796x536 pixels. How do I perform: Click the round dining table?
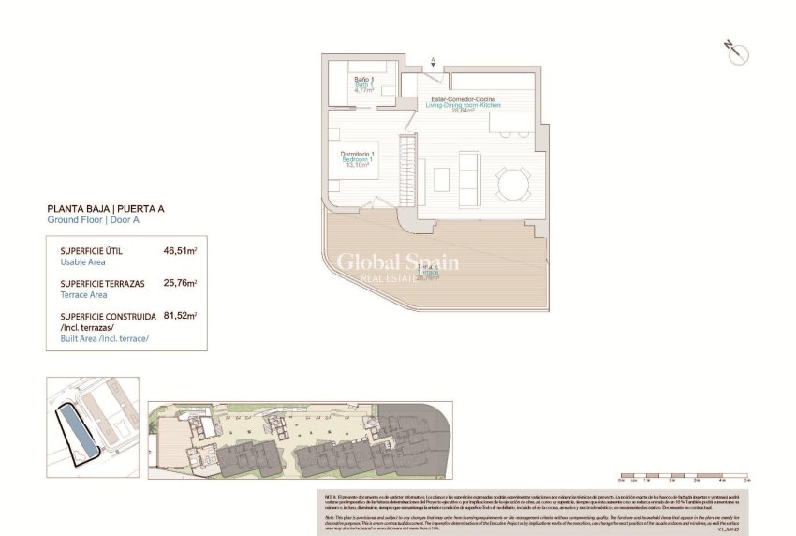tap(512, 183)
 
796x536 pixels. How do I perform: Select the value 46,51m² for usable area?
tap(181, 251)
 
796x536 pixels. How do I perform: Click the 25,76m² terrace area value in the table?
tap(181, 282)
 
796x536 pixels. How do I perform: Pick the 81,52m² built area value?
tap(181, 316)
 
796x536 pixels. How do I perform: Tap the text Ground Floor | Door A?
tap(93, 220)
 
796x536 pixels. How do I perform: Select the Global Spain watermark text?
tap(398, 263)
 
